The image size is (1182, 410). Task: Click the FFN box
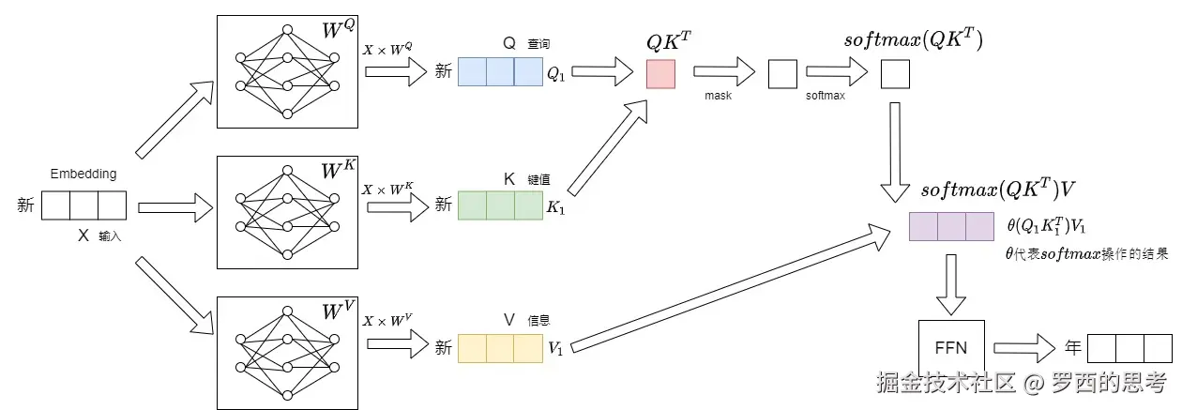click(951, 348)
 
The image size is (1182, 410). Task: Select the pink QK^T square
click(660, 74)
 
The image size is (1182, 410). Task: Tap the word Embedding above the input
click(83, 174)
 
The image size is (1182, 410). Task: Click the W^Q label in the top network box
click(339, 28)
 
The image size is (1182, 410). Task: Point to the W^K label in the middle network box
click(339, 169)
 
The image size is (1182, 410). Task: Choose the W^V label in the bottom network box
click(339, 310)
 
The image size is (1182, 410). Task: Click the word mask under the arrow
click(719, 96)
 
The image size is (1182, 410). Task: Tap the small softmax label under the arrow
click(826, 96)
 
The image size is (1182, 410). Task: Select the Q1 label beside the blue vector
click(555, 74)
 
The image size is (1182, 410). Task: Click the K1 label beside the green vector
click(555, 206)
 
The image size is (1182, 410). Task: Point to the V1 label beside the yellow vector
click(555, 348)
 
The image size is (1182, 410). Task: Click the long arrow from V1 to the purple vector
click(732, 288)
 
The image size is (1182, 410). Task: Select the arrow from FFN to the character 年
click(1024, 348)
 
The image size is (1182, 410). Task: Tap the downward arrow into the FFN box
click(951, 284)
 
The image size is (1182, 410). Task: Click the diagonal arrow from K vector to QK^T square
click(608, 147)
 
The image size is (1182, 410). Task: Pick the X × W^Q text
click(387, 49)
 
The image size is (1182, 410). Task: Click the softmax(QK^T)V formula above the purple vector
click(998, 189)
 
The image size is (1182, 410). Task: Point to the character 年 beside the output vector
click(1073, 348)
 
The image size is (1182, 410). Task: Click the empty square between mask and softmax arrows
click(782, 74)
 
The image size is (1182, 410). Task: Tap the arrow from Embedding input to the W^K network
click(175, 207)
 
